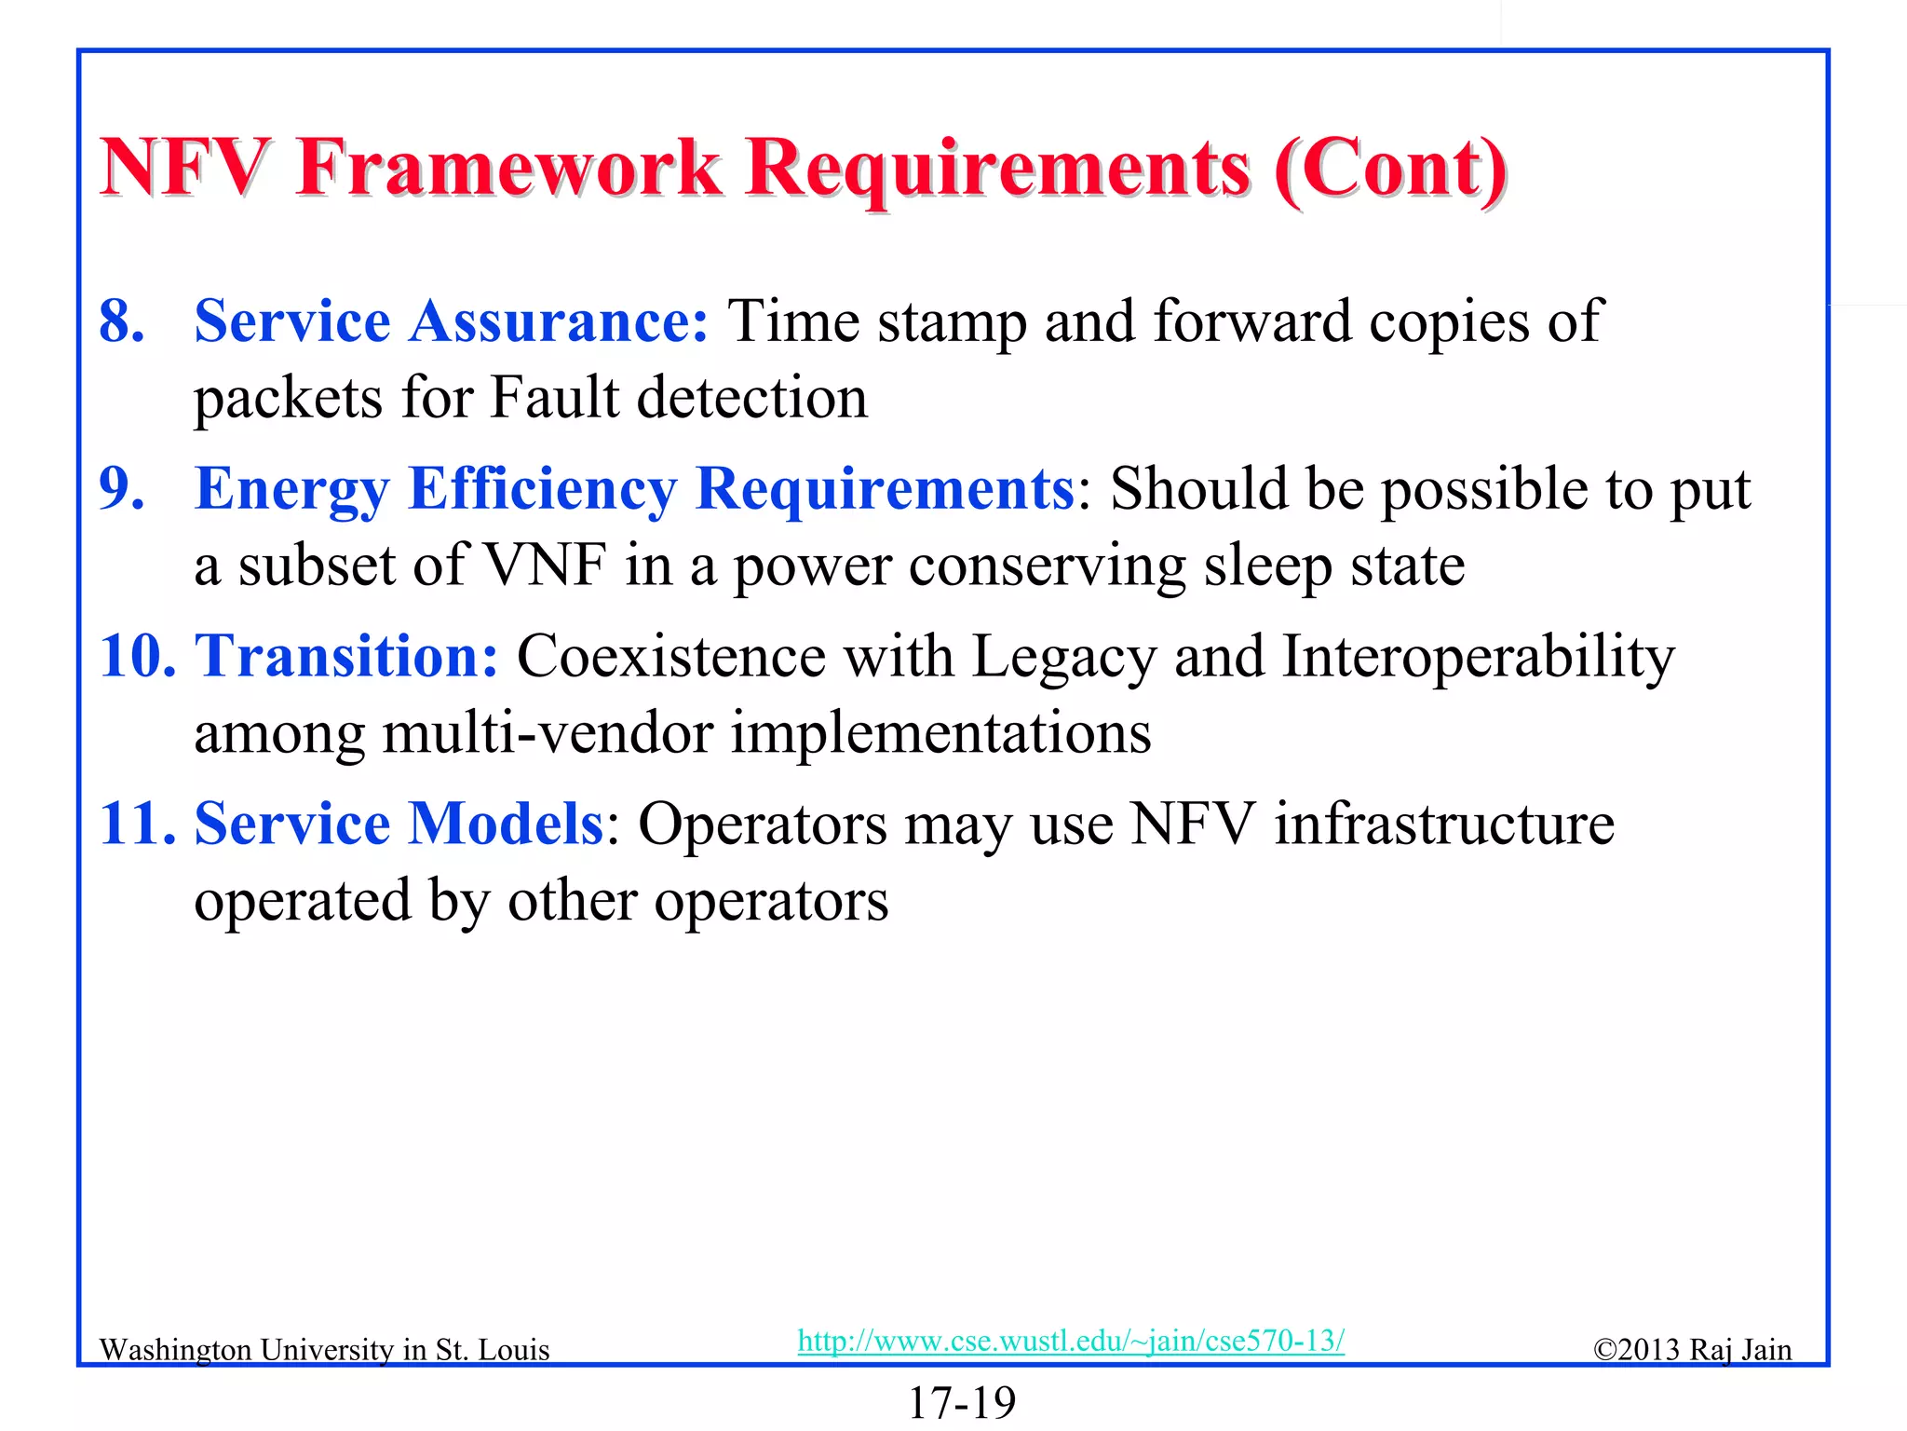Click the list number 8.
(x=122, y=321)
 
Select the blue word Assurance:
(x=559, y=321)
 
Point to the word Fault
(x=555, y=398)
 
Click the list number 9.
(x=122, y=488)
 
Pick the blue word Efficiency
(x=543, y=488)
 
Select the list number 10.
(x=137, y=656)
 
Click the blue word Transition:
(x=346, y=656)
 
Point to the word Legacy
(x=1063, y=656)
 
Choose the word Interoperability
(x=1478, y=656)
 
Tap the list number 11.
(x=137, y=824)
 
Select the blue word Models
(x=507, y=824)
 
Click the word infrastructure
(x=1444, y=824)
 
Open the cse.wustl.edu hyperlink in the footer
(x=1071, y=1341)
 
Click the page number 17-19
(x=961, y=1403)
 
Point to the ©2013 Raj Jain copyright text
(x=1692, y=1350)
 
